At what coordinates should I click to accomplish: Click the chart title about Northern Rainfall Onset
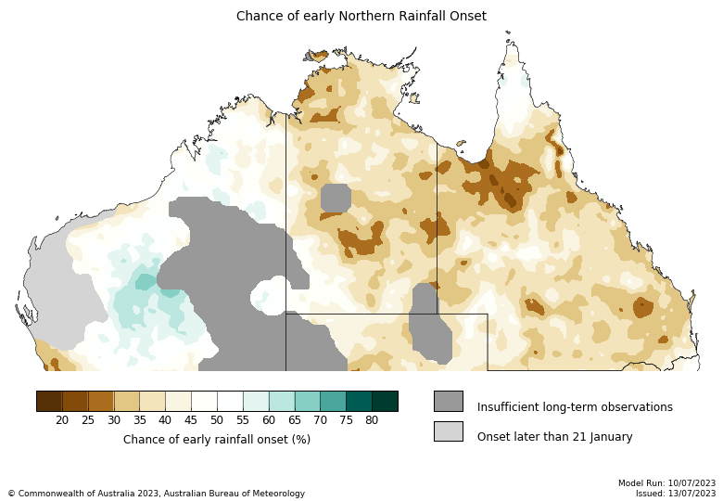click(x=361, y=17)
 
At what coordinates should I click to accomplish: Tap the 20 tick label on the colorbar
click(x=62, y=420)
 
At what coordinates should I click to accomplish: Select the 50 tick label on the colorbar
click(x=217, y=420)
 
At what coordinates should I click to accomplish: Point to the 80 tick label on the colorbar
click(x=372, y=420)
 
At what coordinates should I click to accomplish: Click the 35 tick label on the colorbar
click(x=139, y=420)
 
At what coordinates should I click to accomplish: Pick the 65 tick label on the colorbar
click(x=294, y=420)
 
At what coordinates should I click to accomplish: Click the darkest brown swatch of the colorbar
click(x=49, y=401)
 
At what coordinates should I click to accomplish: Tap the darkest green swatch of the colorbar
click(x=385, y=401)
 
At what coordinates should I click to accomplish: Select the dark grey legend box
click(x=448, y=401)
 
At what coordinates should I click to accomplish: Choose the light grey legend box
click(x=448, y=430)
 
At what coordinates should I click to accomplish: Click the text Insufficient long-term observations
click(x=575, y=407)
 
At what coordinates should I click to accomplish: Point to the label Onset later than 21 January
click(x=554, y=437)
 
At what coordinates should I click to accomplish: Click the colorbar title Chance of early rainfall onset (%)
click(x=217, y=440)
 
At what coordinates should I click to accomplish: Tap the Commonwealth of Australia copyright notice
click(x=156, y=494)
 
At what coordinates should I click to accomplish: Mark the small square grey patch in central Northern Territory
click(x=336, y=198)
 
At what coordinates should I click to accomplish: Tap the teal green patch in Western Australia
click(x=146, y=282)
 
